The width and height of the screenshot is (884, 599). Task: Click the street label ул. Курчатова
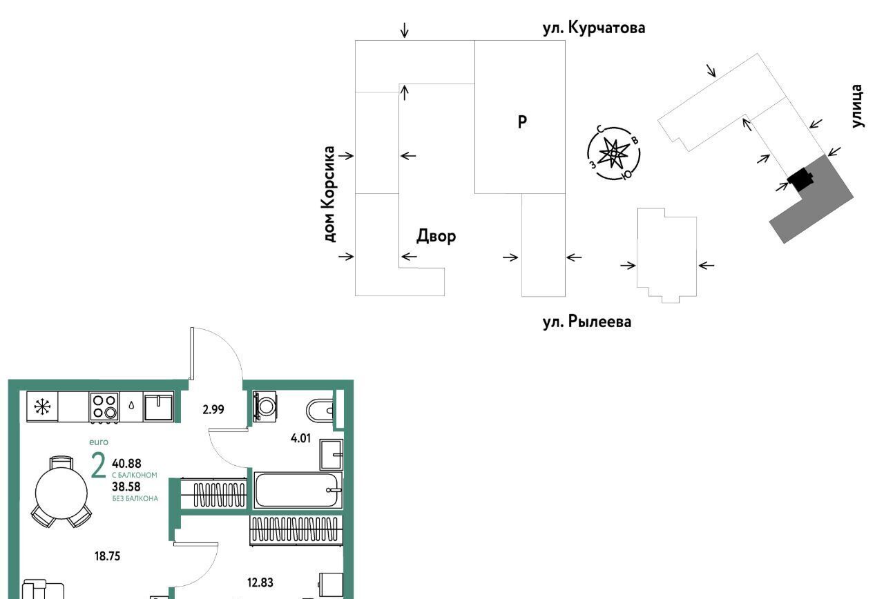pos(594,28)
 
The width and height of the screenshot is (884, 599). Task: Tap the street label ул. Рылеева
pos(587,322)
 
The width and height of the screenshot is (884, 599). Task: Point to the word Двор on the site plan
pos(436,236)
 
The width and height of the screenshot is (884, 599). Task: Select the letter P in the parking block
pos(522,122)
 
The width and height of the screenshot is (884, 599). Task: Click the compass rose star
pos(613,153)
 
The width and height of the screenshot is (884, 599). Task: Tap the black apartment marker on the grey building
pos(800,179)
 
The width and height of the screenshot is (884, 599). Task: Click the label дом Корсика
pos(329,194)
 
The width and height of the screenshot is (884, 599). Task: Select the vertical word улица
pos(857,106)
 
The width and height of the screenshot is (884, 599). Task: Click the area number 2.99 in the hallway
pos(213,410)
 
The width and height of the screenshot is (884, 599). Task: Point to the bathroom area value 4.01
pos(300,438)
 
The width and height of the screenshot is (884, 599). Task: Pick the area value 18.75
pos(107,556)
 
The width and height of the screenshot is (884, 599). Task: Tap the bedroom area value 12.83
pos(260,582)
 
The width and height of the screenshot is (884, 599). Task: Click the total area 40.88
pos(126,463)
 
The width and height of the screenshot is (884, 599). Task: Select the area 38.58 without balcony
pos(126,487)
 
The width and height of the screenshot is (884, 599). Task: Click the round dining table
pos(61,493)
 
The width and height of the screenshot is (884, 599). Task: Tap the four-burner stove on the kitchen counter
pos(104,407)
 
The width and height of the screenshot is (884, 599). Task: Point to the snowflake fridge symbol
pos(42,407)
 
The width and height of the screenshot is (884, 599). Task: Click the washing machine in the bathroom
pos(265,406)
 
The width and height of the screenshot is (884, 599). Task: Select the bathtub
pos(298,490)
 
